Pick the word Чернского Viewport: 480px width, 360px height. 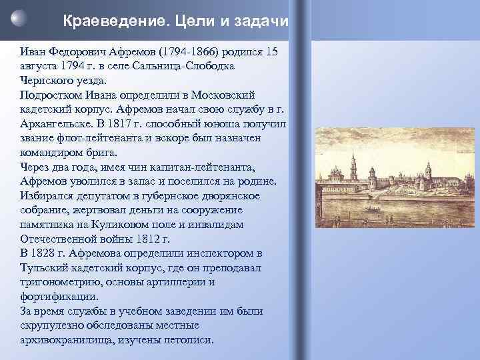click(x=47, y=81)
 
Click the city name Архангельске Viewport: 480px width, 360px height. click(x=55, y=123)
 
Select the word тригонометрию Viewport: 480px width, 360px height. click(x=59, y=282)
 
